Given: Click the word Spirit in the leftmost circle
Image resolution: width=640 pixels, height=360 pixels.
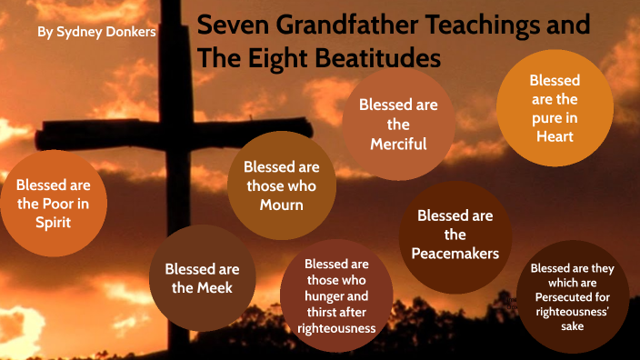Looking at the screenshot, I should click(x=59, y=221).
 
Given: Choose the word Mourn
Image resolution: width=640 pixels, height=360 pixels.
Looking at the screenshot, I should click(x=281, y=205).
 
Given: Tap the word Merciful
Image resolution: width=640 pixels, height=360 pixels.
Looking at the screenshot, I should click(x=398, y=144).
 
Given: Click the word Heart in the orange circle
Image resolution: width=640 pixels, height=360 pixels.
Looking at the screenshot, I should click(x=555, y=136).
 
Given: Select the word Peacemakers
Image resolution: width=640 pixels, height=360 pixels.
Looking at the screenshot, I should click(x=455, y=254).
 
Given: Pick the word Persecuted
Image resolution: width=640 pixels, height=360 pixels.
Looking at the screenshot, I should click(x=573, y=296).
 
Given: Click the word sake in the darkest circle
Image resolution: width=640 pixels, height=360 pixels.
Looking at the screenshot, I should click(x=573, y=325).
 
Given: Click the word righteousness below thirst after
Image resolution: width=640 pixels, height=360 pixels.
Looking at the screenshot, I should click(x=336, y=328).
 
